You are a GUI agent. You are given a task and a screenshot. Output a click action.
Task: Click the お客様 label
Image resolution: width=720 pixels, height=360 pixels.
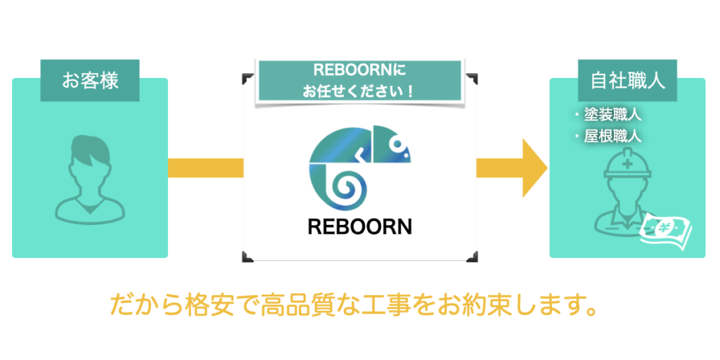89,80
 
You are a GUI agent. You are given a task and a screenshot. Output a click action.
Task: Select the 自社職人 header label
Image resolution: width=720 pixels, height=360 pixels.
626,80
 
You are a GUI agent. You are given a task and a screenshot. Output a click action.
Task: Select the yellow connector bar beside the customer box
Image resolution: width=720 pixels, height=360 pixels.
205,168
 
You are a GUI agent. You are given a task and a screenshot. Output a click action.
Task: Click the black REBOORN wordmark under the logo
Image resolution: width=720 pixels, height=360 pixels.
359,226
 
